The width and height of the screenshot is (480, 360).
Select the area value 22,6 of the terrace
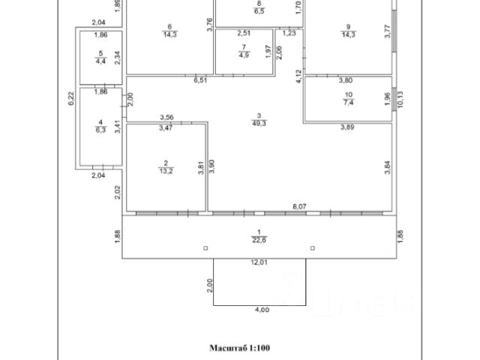coord(259,239)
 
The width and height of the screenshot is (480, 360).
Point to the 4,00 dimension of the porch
coord(259,310)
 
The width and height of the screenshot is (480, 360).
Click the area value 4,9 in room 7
coord(244,55)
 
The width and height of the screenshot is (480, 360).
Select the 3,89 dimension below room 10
coord(347,127)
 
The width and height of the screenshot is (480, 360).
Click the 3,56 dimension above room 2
coord(167,117)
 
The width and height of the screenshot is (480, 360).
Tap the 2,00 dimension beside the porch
coord(210,285)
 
